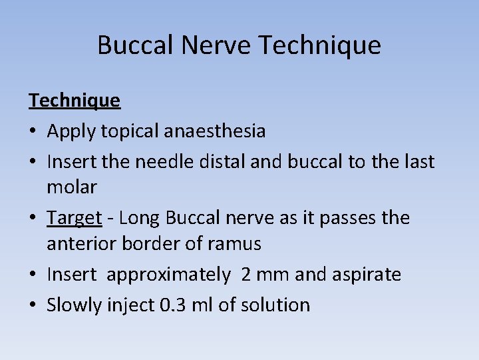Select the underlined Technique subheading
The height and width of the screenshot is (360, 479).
tap(75, 101)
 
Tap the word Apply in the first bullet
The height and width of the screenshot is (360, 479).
tap(71, 131)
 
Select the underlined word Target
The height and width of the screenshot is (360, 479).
tap(74, 218)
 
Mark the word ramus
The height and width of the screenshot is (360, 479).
tap(234, 244)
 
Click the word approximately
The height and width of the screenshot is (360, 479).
tap(168, 275)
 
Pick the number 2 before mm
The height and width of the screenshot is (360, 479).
tap(246, 274)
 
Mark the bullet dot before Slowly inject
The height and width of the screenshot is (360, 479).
tap(33, 305)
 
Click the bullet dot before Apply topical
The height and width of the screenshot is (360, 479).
tap(33, 131)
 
